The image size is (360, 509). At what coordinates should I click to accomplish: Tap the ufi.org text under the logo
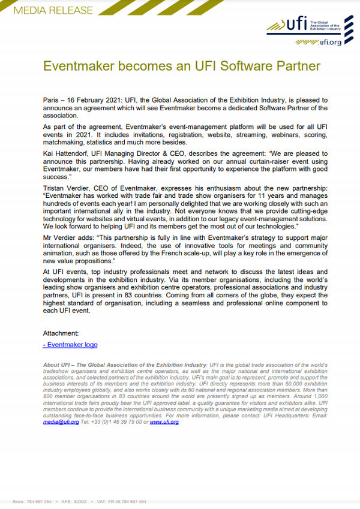tap(327, 43)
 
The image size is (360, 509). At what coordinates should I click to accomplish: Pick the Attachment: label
tap(61, 333)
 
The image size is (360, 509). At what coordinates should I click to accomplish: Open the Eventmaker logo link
tap(70, 345)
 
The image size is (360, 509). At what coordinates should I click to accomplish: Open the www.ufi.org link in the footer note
tap(164, 422)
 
